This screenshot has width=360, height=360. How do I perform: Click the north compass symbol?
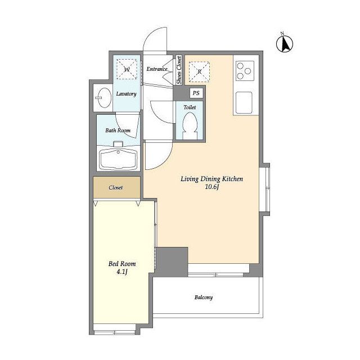coord(285,43)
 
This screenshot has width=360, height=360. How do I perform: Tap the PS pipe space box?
coord(196,93)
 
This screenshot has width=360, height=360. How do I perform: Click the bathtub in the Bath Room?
coord(118,159)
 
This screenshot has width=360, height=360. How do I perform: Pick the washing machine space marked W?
coord(127,69)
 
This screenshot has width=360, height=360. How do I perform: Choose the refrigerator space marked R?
coord(199,71)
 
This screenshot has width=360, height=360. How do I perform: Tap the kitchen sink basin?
coord(244,102)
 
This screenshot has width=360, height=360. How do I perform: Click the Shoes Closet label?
coord(179,70)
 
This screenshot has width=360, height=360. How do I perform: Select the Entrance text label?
coord(157,69)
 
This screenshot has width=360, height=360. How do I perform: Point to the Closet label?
coord(116,187)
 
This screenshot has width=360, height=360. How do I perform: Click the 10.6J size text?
coord(212,187)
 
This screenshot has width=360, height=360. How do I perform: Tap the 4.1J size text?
coord(122,272)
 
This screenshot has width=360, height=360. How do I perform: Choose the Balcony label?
coord(204,298)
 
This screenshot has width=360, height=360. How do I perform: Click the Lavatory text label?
coord(126,94)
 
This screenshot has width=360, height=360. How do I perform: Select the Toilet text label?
coord(190,107)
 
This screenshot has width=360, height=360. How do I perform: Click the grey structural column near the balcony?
coord(172,262)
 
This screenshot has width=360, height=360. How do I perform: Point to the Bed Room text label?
coord(122,264)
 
